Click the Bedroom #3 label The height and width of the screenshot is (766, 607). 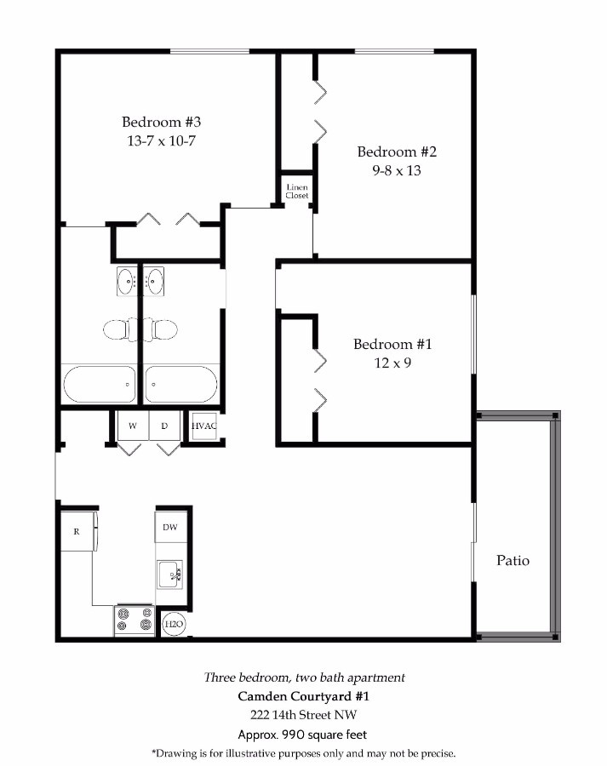(161, 122)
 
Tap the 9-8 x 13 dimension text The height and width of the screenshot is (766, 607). (397, 170)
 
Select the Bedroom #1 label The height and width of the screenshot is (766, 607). (392, 344)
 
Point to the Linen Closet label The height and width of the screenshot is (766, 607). (297, 191)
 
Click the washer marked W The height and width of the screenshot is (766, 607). (133, 426)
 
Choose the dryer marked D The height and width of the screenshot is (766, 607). (164, 426)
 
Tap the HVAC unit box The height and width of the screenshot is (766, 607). (203, 426)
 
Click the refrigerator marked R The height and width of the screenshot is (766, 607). (78, 531)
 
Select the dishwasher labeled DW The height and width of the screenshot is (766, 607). (170, 527)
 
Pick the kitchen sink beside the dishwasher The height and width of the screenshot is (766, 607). (169, 574)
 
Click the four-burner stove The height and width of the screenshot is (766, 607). (135, 620)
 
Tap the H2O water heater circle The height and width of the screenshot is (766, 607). (174, 624)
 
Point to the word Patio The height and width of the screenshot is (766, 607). (513, 560)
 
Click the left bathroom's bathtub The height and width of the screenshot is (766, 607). (100, 385)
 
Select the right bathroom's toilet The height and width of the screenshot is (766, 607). (161, 329)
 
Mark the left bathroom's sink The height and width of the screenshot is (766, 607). (127, 282)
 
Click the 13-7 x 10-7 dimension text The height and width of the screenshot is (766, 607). (161, 140)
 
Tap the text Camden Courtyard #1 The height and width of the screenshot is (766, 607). (303, 696)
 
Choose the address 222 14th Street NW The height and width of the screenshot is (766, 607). (303, 715)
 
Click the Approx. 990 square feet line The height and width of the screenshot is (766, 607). (302, 735)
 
